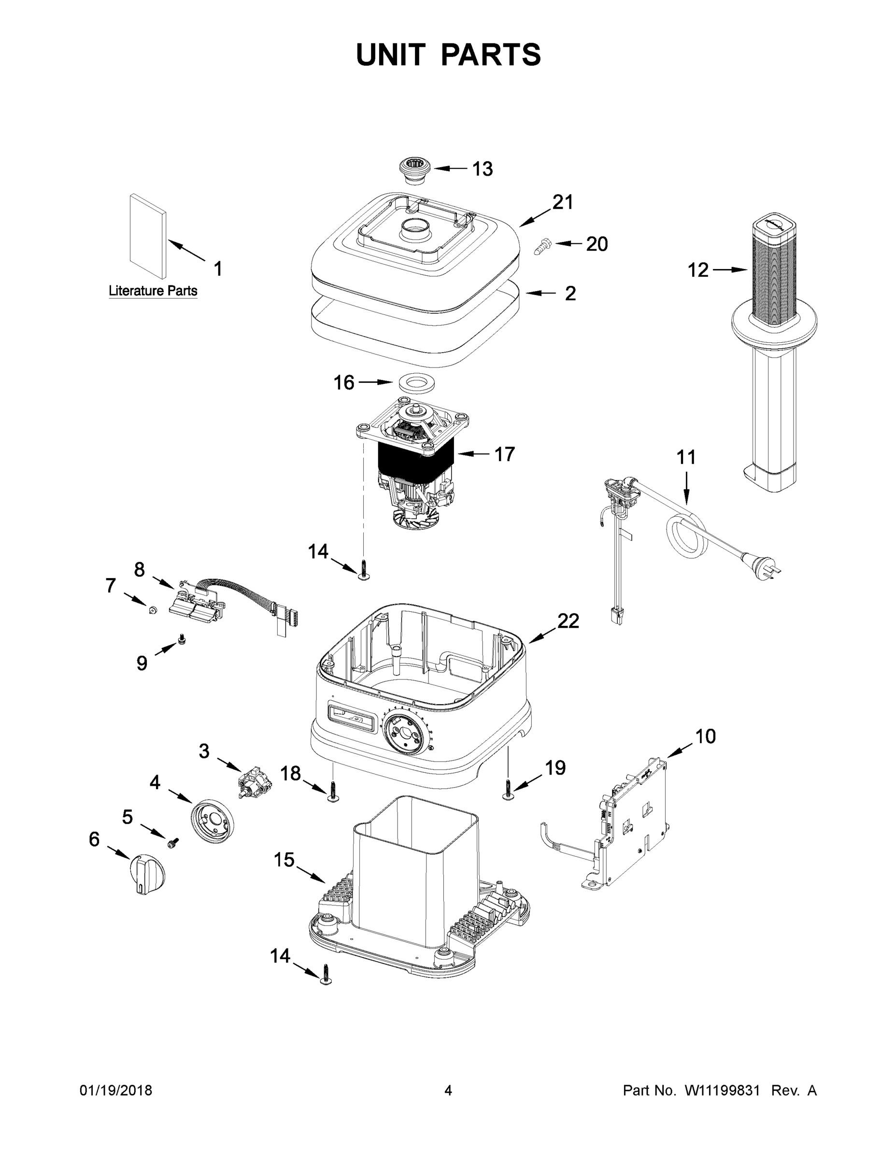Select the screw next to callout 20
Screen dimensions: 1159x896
tap(542, 246)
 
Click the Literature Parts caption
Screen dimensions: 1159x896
tap(153, 291)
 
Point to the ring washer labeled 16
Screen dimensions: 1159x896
tap(417, 383)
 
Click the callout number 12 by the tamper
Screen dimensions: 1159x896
tap(697, 270)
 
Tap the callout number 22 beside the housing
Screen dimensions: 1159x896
tap(568, 621)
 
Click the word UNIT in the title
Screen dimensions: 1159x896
tap(391, 55)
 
